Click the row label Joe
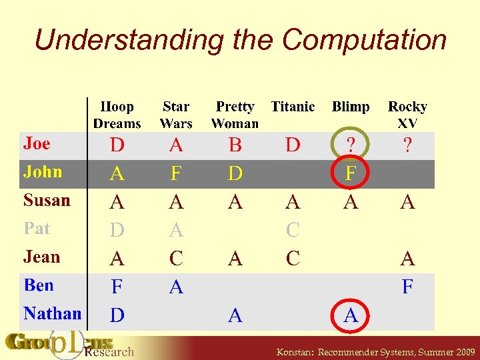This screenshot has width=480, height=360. pyautogui.click(x=37, y=143)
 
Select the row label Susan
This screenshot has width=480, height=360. pyautogui.click(x=47, y=200)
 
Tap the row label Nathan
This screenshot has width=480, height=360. pyautogui.click(x=53, y=313)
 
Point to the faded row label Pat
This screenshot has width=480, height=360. pyautogui.click(x=37, y=229)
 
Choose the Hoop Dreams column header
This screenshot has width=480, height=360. pyautogui.click(x=117, y=115)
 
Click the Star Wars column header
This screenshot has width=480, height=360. pyautogui.click(x=176, y=115)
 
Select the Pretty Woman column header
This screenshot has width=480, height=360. pyautogui.click(x=235, y=115)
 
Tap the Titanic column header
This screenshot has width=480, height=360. pyautogui.click(x=293, y=107)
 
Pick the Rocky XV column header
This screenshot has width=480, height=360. pyautogui.click(x=407, y=115)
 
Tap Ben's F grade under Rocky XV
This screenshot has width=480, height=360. pyautogui.click(x=407, y=287)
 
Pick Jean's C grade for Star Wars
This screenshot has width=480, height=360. pyautogui.click(x=176, y=259)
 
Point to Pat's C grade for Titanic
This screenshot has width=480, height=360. pyautogui.click(x=293, y=231)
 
